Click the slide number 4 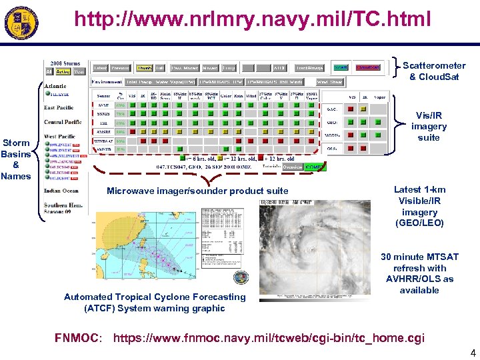473,353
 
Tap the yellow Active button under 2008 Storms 63,72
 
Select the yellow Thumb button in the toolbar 144,67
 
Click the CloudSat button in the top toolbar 368,67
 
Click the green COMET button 315,167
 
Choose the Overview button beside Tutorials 291,167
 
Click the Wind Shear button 331,82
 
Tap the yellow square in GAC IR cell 364,108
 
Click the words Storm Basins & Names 17,159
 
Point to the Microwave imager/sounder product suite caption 197,191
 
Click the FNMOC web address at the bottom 268,338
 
